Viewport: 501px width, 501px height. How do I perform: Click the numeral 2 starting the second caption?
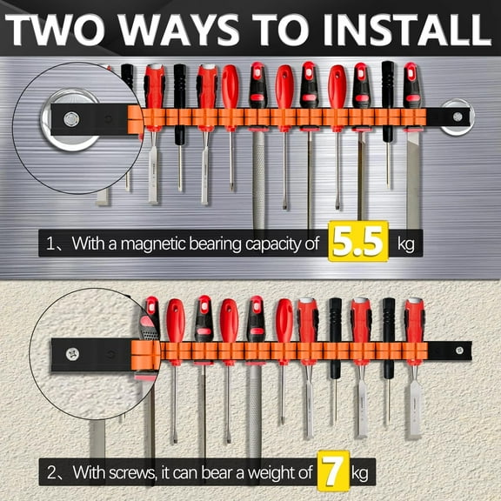(53, 473)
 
